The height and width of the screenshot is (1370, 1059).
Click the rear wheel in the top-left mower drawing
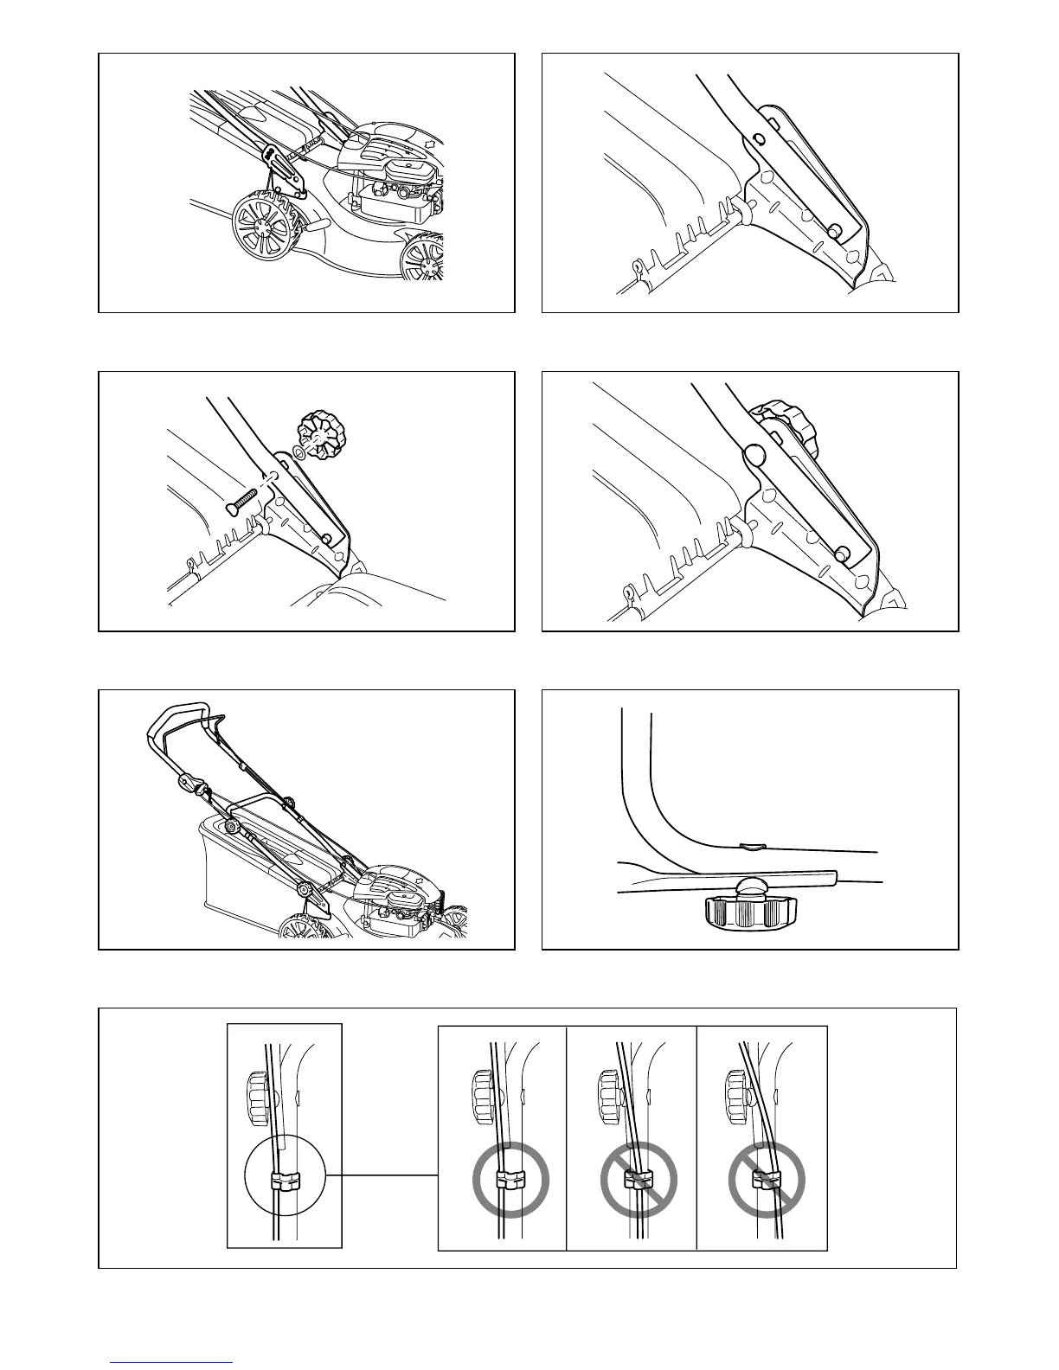(x=264, y=227)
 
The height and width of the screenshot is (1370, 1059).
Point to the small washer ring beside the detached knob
(x=298, y=452)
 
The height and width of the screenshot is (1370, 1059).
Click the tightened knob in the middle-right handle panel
(x=786, y=426)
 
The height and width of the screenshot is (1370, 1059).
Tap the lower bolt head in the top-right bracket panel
(x=834, y=231)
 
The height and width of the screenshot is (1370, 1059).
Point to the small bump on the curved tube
(x=752, y=846)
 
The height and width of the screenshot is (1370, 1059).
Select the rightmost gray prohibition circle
(x=766, y=1180)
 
